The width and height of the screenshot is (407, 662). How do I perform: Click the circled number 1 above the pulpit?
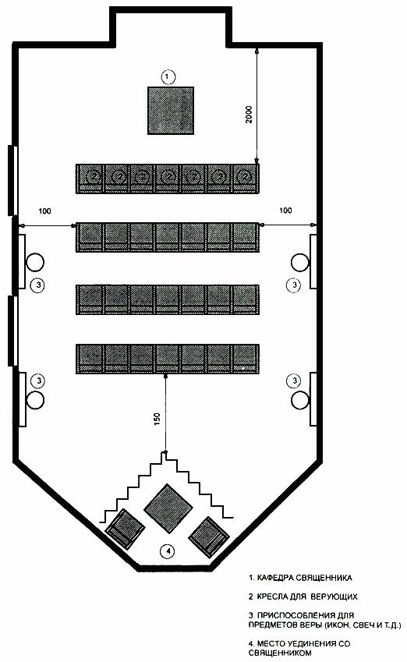point(168,77)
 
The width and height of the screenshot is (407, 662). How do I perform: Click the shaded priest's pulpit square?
point(171,111)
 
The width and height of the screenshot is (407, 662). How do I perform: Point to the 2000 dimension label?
point(249,114)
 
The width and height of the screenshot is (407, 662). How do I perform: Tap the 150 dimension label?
point(157,419)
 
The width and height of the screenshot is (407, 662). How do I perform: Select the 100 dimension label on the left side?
point(44,211)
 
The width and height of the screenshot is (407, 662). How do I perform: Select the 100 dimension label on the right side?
point(285,211)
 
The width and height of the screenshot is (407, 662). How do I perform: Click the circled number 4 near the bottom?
point(168,550)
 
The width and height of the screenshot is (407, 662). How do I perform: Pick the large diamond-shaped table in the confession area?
point(168,508)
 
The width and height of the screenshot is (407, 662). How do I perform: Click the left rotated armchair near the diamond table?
point(125,529)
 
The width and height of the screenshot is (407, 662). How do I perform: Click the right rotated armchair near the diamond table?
point(209,536)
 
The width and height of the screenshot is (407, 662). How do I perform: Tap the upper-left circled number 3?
point(38,285)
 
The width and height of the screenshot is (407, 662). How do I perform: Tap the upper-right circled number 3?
point(294,285)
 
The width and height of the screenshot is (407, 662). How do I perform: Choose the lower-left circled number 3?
point(39,381)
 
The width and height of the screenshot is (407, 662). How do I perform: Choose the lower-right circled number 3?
point(294,381)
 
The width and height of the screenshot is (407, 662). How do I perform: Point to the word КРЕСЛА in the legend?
point(271,597)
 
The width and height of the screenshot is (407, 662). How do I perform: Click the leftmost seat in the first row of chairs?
point(90,179)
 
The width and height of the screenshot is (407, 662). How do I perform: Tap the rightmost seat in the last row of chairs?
point(246,359)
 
